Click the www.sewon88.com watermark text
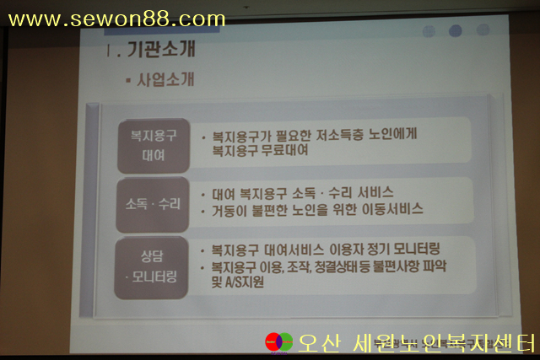point(116,19)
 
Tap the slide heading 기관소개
point(161,49)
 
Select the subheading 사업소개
point(165,79)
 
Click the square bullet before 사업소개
point(128,81)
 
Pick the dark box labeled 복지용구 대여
point(154,146)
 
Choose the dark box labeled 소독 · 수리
point(153,204)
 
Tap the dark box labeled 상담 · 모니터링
point(151,267)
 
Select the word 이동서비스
point(392,209)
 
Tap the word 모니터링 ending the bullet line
point(417,249)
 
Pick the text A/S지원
point(245,282)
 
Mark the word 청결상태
point(334,266)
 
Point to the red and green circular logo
point(279,342)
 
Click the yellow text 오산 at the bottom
point(319,343)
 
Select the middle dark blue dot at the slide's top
point(456,31)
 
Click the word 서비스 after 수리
point(375,192)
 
